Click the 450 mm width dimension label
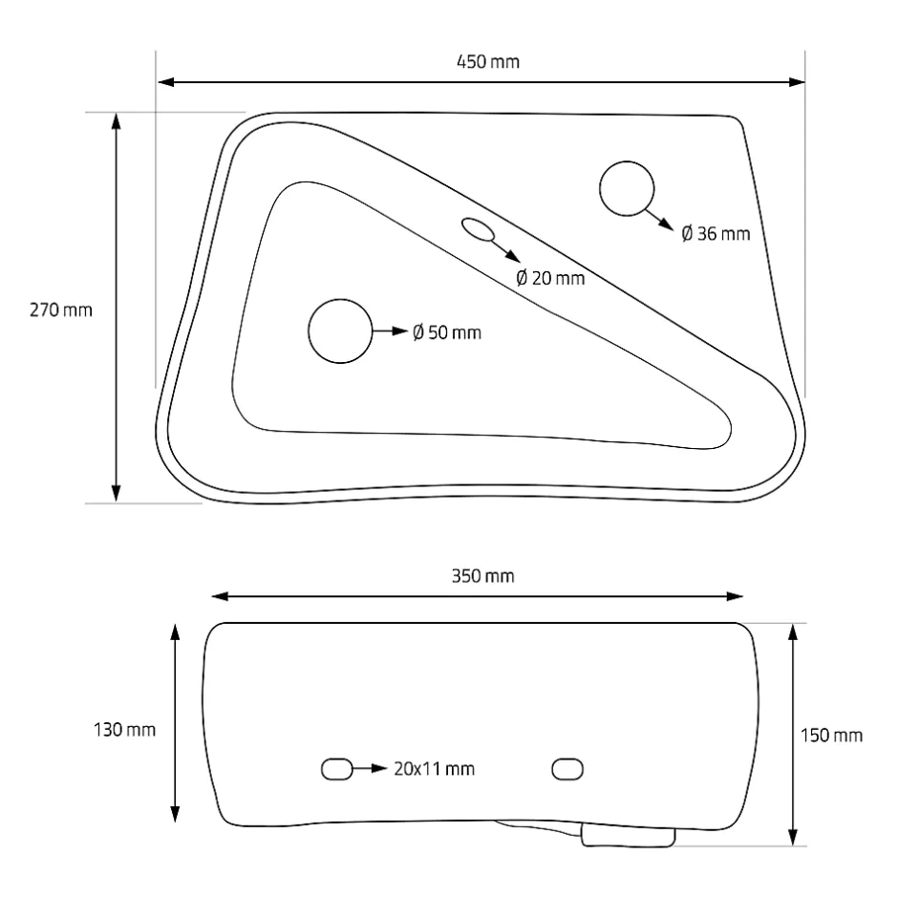[x=488, y=62]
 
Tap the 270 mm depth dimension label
[x=61, y=310]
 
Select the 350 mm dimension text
[x=482, y=576]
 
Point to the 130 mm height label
[x=124, y=730]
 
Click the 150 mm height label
[x=831, y=736]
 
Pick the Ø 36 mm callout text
[x=716, y=234]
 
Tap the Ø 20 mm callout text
[x=550, y=278]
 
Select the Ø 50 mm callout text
[x=447, y=332]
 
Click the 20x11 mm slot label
[x=434, y=769]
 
